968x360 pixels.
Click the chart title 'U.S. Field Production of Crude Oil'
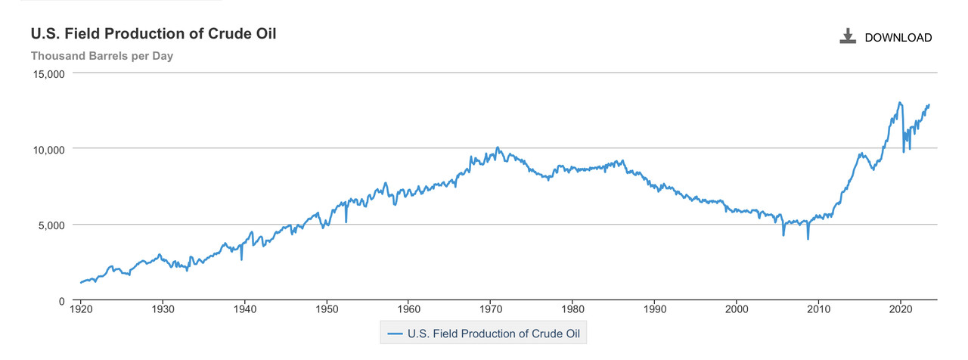pyautogui.click(x=154, y=34)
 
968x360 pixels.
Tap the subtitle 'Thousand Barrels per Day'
pyautogui.click(x=102, y=56)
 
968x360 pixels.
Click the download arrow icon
pyautogui.click(x=848, y=36)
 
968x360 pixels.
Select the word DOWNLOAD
pyautogui.click(x=898, y=38)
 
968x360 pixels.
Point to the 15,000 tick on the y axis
pyautogui.click(x=49, y=74)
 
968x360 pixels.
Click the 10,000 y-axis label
pyautogui.click(x=49, y=150)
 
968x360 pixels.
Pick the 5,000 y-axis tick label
pyautogui.click(x=51, y=225)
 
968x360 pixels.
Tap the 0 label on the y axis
pyautogui.click(x=62, y=301)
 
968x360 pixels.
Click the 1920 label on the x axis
pyautogui.click(x=81, y=309)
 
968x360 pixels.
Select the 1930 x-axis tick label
pyautogui.click(x=163, y=309)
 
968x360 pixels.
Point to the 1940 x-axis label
pyautogui.click(x=245, y=309)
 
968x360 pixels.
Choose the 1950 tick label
pyautogui.click(x=327, y=309)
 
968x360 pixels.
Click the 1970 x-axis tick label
pyautogui.click(x=491, y=309)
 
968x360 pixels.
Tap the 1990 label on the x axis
pyautogui.click(x=655, y=309)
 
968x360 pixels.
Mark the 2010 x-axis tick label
pyautogui.click(x=818, y=309)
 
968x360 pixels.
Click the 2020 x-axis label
pyautogui.click(x=901, y=309)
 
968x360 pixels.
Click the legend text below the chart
pyautogui.click(x=494, y=334)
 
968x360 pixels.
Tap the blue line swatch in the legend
pyautogui.click(x=395, y=334)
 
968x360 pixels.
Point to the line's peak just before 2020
pyautogui.click(x=899, y=102)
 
